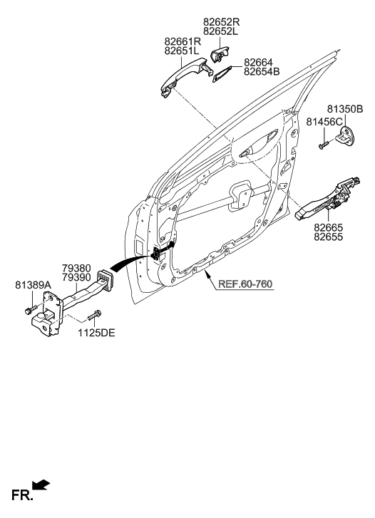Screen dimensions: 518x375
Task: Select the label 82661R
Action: point(183,42)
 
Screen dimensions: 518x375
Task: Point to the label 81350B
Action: point(345,108)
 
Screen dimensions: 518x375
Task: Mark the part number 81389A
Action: point(34,285)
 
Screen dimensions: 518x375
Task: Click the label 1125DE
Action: point(96,331)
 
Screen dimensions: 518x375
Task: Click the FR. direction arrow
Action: point(41,485)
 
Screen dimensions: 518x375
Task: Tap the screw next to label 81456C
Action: point(323,145)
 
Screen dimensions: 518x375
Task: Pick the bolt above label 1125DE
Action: point(92,315)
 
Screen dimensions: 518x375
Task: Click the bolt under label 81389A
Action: point(28,310)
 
